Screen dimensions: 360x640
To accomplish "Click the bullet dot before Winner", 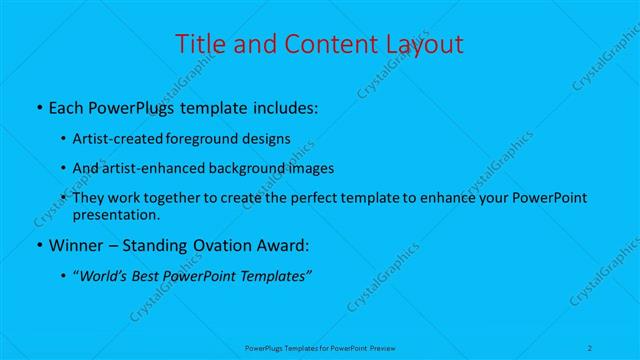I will (x=38, y=245).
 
